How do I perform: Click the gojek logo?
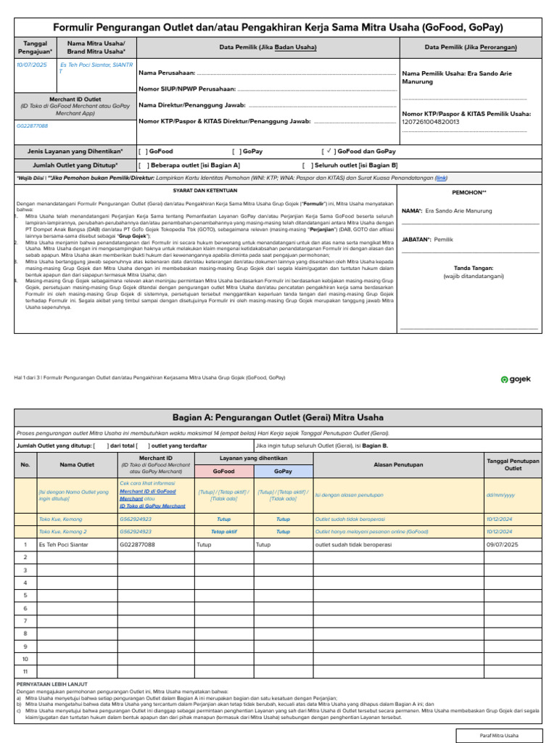point(516,379)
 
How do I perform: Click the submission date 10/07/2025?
point(31,65)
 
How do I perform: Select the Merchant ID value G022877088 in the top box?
point(33,126)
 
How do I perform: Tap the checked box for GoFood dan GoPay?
point(328,151)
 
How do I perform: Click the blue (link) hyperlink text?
point(440,177)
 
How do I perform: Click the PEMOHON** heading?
point(469,193)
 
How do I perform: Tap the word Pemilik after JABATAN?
point(444,239)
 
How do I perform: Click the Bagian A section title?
point(278,418)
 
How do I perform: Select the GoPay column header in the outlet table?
point(283,471)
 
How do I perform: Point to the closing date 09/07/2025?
point(504,543)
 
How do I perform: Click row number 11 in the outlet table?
point(25,671)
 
